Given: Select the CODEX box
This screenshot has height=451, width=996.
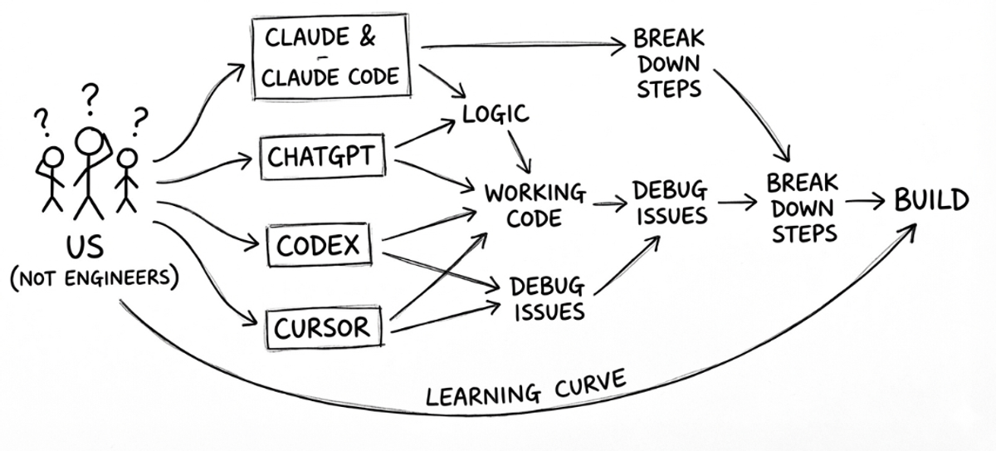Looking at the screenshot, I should point(318,245).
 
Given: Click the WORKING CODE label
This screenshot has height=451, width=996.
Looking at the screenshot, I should point(535,205).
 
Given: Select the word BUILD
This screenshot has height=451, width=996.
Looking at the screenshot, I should point(931,200).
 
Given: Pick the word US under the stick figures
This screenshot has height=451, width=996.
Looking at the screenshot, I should point(86,247).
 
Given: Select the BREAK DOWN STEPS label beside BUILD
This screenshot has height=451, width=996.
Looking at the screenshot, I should point(802,208).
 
